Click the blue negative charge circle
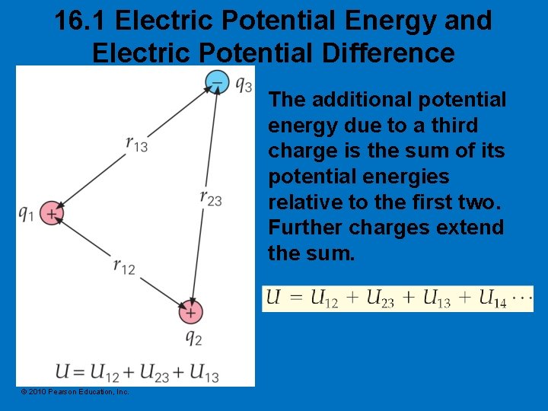218,81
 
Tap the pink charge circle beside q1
50,214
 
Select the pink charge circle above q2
190,311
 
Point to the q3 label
244,84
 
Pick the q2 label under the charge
193,336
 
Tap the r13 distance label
137,143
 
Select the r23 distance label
211,198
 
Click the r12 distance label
124,266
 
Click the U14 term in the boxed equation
492,299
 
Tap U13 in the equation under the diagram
203,373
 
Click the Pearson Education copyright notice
75,391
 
